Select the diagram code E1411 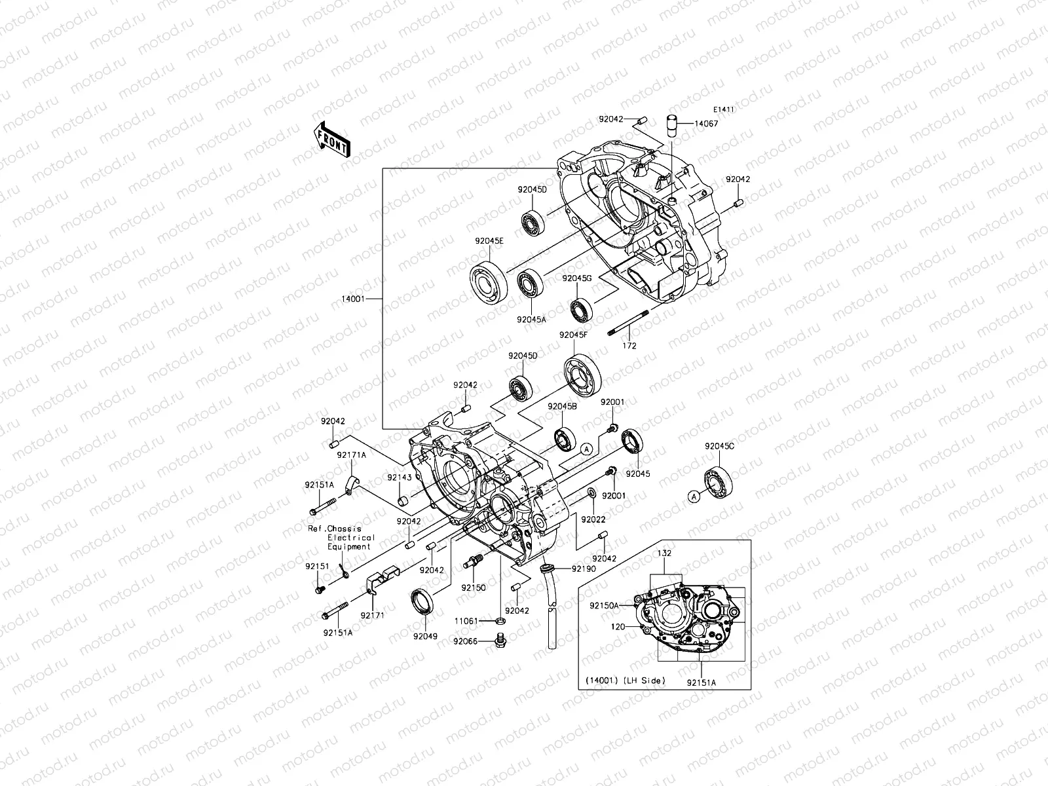(724, 110)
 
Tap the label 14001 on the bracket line (352, 299)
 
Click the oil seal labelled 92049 (422, 602)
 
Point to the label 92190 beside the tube (584, 570)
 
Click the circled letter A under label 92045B (587, 449)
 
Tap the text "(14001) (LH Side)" (625, 681)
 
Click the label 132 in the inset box (665, 553)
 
